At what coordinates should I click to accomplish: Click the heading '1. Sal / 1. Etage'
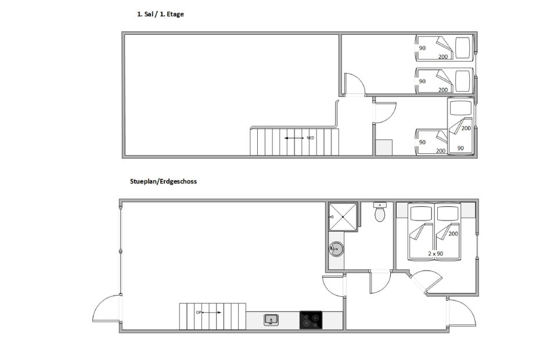coord(160,14)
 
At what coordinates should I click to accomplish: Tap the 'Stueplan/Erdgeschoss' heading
coord(163,181)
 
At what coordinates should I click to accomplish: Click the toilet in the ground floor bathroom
coord(380,212)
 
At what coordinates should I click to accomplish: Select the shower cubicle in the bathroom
coord(343,217)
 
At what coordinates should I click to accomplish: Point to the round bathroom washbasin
coord(336,249)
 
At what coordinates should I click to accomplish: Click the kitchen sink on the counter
coord(271,320)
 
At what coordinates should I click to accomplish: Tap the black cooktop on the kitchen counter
coord(311,320)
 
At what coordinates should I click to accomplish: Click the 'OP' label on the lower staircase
coord(199,312)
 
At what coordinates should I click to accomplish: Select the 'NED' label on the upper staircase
coord(310,138)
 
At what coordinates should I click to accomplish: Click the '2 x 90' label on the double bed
coord(435,254)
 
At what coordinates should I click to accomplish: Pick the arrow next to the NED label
coord(294,138)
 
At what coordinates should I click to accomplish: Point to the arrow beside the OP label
coord(211,312)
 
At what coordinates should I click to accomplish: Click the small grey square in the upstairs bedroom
coord(384,147)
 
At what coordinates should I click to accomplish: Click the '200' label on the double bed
coord(453,233)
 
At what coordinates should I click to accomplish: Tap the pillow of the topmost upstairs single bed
coord(463,48)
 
